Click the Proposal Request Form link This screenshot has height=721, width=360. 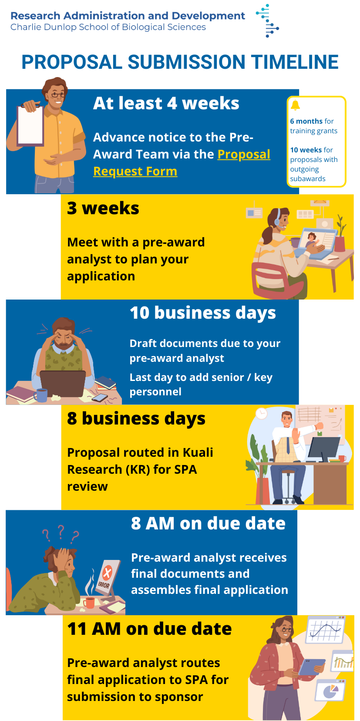pos(182,163)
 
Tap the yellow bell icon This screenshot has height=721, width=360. pos(295,105)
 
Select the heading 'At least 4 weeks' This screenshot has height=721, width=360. pos(166,103)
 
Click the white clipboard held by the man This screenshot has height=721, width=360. pos(30,125)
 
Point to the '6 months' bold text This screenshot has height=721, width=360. pos(306,121)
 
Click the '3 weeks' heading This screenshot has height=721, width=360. pos(103,208)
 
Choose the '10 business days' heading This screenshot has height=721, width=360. pos(203,313)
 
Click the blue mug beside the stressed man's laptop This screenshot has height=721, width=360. pos(41,395)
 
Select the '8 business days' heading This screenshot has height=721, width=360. pos(136,418)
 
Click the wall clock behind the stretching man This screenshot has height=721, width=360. pos(261,414)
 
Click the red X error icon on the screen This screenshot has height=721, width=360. pos(107,573)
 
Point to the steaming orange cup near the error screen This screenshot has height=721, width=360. pos(89,603)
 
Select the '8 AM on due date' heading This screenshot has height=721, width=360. pos(208,523)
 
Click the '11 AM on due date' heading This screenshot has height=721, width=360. pos(149,629)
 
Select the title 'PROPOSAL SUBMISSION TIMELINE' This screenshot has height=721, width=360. pos(180,62)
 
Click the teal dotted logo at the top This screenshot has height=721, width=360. pos(267,20)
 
